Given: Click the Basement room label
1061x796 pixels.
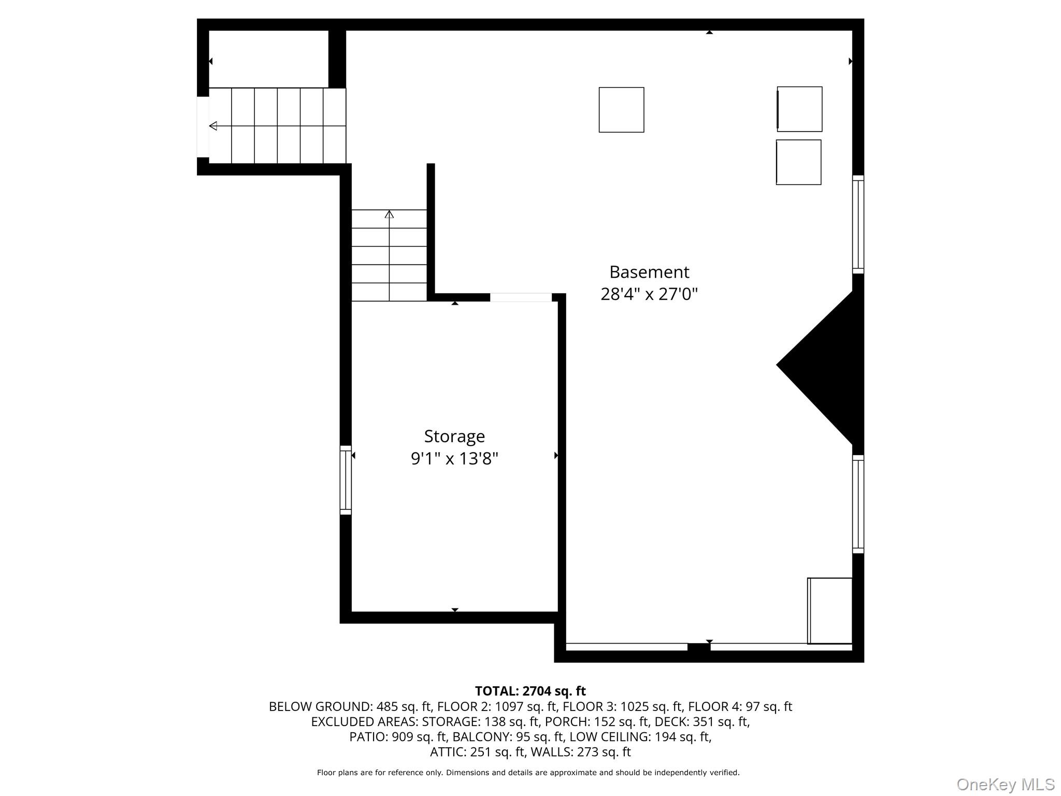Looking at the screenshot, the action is [649, 272].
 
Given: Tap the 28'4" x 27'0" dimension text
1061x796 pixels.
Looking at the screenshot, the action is [649, 294].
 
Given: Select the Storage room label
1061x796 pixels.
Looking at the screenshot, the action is [454, 437].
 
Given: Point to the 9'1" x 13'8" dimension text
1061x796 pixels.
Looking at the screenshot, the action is [454, 459].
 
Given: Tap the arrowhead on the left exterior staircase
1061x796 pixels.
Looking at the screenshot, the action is [213, 126].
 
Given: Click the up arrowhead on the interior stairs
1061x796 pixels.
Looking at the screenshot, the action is [389, 214].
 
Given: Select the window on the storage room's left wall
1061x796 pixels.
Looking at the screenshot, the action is [346, 480].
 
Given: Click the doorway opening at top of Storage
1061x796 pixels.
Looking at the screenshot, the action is [521, 297].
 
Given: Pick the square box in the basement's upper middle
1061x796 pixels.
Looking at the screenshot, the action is [622, 110].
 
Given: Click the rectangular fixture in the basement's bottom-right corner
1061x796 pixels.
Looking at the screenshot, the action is [830, 611].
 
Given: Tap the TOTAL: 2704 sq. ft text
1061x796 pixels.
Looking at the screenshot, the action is [530, 691].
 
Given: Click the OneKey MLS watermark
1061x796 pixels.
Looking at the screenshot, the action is [1006, 784].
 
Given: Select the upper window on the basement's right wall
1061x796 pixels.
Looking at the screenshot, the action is [858, 224].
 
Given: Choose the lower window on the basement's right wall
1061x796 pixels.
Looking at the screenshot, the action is [858, 504].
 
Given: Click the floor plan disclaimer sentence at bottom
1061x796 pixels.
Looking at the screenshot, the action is [528, 773].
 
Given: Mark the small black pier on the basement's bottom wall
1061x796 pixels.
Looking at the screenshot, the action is [699, 647].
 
